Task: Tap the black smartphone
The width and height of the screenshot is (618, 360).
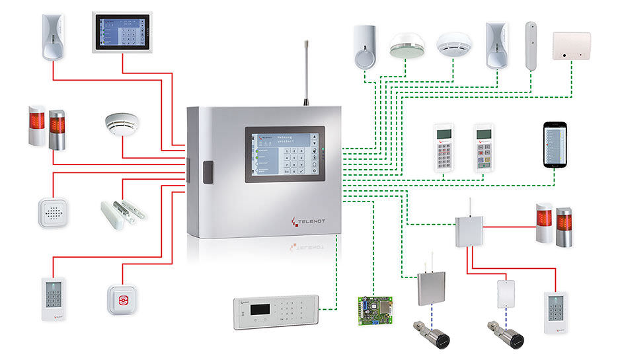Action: click(x=555, y=143)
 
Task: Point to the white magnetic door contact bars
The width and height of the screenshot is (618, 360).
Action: click(x=122, y=209)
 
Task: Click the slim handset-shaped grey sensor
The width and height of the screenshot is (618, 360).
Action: click(x=531, y=44)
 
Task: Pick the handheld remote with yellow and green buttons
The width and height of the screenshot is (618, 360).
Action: click(x=484, y=147)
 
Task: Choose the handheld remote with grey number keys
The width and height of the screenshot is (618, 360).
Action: click(x=444, y=147)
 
